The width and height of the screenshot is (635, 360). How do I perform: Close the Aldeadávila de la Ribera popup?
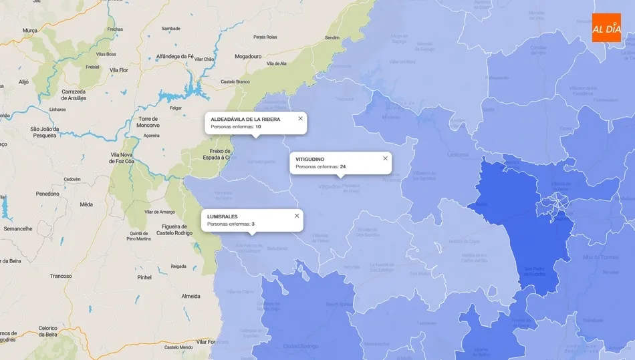pos(300,118)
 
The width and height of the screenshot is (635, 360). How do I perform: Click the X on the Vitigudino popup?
pos(385,158)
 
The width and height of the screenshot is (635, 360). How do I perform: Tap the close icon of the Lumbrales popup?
pos(297,216)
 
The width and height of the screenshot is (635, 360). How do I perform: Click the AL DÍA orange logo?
pos(606,27)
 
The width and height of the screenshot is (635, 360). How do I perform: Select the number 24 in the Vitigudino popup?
pos(342,166)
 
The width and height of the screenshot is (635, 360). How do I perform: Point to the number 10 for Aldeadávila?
pos(258,126)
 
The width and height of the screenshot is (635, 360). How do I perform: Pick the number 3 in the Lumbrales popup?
pos(253,224)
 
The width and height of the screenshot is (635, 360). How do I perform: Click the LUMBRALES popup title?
pos(222,216)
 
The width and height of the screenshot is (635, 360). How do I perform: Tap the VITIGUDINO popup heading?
pos(310,159)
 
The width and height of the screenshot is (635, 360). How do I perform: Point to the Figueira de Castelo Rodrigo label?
pos(174,229)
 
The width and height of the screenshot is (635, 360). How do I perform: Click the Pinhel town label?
pos(144,277)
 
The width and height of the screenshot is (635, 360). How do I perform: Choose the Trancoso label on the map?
pos(61,276)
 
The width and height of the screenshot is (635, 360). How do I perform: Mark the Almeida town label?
pos(190,296)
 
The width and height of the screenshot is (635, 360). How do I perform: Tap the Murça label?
pos(30,31)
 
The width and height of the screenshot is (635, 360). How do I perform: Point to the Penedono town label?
pos(47,194)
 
